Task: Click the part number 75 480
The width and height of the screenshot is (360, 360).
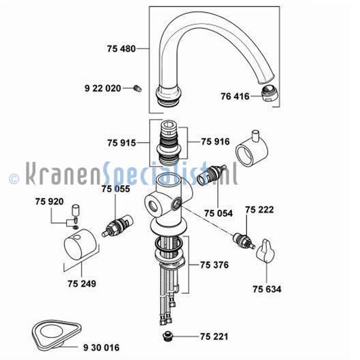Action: (121, 49)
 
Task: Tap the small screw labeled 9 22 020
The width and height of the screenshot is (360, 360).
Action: (137, 89)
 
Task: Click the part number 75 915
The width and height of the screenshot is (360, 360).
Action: (122, 143)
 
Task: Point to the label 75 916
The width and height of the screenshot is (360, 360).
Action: (215, 142)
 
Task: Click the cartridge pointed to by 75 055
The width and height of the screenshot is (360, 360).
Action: (118, 226)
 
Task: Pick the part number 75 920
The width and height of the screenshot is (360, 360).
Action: (49, 202)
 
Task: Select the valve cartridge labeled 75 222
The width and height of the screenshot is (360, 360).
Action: (244, 241)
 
